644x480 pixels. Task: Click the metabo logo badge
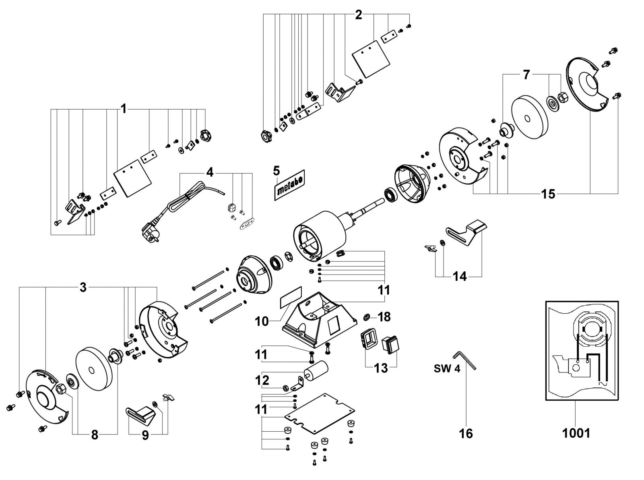(x=289, y=185)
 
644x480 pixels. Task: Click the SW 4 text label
(x=447, y=369)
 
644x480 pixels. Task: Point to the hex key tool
(x=464, y=360)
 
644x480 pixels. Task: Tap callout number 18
(x=384, y=317)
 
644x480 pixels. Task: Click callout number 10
(x=262, y=322)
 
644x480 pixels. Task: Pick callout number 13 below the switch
(x=381, y=368)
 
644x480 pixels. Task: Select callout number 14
(x=460, y=276)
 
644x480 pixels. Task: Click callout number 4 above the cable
(x=210, y=172)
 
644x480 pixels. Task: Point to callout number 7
(x=526, y=75)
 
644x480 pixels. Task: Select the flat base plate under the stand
(x=320, y=416)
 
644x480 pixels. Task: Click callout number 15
(x=548, y=194)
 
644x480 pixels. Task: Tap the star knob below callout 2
(x=265, y=136)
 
